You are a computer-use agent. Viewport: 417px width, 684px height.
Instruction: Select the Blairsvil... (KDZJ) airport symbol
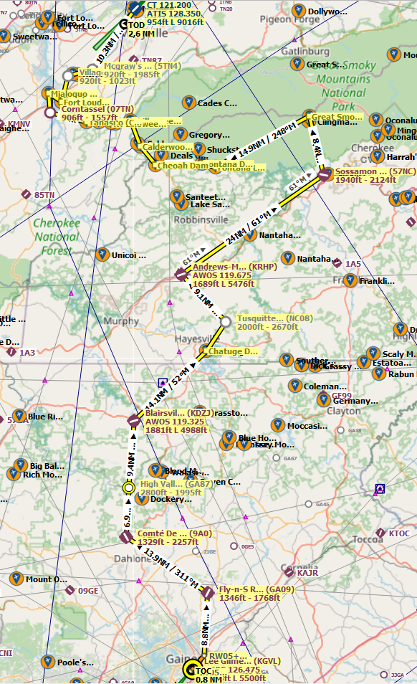(x=133, y=420)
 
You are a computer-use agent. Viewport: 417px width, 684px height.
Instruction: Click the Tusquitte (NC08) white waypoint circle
(x=226, y=322)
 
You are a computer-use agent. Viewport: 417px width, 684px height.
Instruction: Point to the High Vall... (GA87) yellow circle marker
(x=129, y=488)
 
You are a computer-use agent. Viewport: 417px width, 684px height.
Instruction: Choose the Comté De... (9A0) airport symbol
(x=125, y=537)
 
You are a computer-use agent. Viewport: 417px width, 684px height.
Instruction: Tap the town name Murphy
(x=121, y=321)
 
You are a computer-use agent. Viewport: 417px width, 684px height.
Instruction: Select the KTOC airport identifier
(x=399, y=533)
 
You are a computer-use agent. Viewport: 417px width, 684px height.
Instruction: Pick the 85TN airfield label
(x=44, y=195)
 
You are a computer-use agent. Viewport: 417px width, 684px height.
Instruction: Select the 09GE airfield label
(x=87, y=591)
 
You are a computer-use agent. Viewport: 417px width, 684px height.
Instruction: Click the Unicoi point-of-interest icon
(x=102, y=255)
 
